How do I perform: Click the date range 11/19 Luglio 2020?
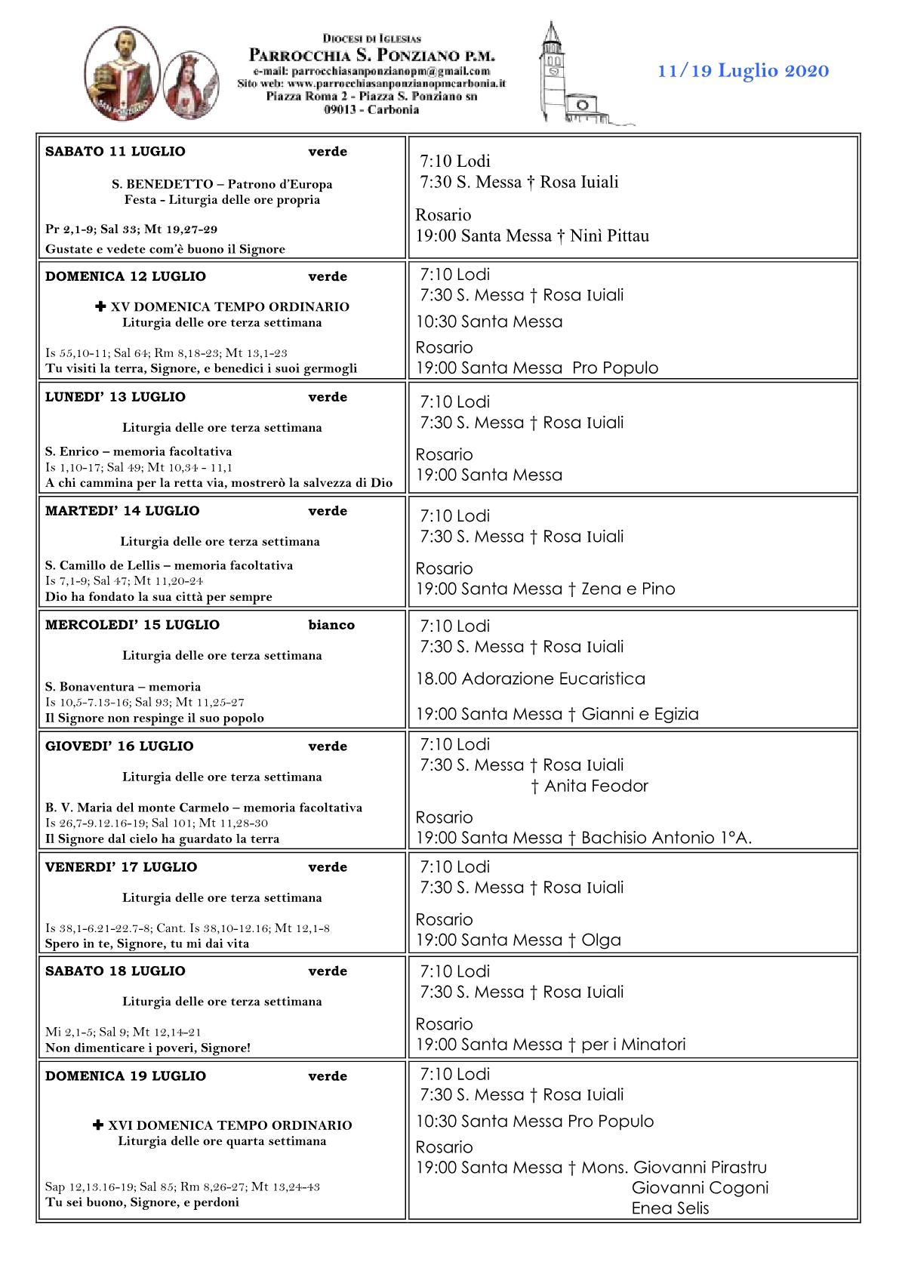[743, 71]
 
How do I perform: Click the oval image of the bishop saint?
[122, 73]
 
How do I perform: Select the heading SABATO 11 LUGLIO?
[115, 152]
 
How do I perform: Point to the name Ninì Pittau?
[609, 236]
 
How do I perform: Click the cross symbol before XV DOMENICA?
[100, 306]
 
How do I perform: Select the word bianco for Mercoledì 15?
[331, 625]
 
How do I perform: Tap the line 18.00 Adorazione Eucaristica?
[531, 679]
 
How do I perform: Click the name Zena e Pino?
[628, 589]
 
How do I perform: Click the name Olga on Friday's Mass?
[601, 940]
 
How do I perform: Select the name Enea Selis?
[670, 1208]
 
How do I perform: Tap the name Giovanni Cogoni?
[700, 1188]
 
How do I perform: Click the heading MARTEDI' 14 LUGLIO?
[122, 511]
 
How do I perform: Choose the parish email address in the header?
[371, 71]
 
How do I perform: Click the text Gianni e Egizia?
[640, 715]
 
